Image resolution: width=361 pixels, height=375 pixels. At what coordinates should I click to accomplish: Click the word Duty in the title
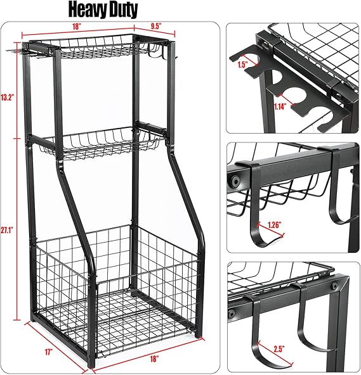[122, 10]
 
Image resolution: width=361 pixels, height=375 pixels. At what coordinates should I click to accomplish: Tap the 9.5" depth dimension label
[156, 26]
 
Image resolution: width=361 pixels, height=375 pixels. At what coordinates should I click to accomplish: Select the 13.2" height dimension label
[8, 98]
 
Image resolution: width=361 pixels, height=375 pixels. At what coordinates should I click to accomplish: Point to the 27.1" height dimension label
[7, 231]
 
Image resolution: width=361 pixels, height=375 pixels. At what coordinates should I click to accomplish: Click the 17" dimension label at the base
[49, 352]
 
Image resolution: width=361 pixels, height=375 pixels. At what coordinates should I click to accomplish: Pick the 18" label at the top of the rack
[76, 27]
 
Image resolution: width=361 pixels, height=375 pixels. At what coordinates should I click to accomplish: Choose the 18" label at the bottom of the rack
[155, 359]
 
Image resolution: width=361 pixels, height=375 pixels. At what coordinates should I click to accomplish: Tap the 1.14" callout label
[280, 106]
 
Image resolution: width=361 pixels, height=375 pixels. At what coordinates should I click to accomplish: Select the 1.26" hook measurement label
[274, 225]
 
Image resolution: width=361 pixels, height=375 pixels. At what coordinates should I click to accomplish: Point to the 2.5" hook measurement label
[279, 349]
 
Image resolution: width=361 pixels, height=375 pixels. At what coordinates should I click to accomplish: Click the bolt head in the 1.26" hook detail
[235, 181]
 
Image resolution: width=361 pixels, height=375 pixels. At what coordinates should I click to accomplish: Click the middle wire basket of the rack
[102, 144]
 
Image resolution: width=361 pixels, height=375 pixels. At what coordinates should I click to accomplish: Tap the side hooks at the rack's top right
[157, 51]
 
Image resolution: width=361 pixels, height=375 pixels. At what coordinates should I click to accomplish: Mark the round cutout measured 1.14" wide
[296, 95]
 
